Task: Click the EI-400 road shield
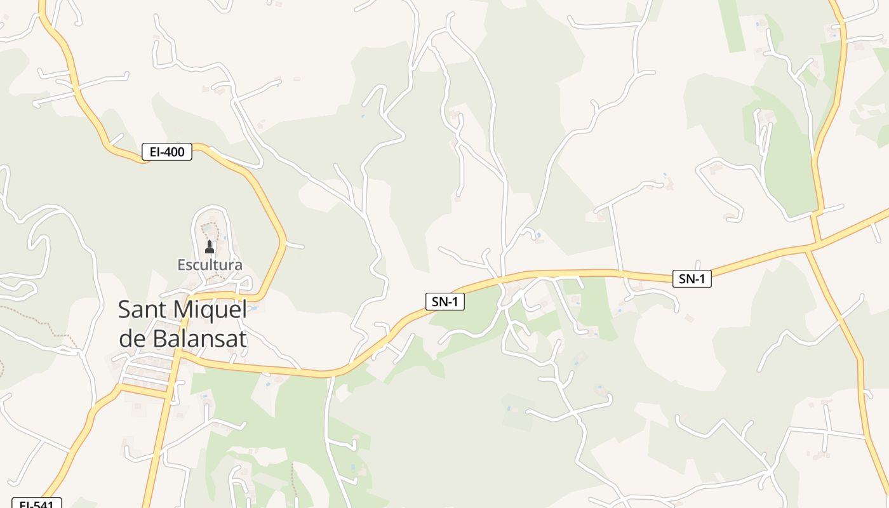[166, 152]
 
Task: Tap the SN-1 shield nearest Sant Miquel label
[444, 302]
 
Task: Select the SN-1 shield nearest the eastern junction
[692, 279]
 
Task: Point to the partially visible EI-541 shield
[37, 503]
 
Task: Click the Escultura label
[210, 265]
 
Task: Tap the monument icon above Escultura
[210, 246]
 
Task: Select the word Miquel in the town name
[210, 310]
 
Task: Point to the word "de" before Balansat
[132, 339]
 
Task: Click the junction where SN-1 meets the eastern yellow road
[815, 244]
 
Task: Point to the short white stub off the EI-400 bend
[295, 245]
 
